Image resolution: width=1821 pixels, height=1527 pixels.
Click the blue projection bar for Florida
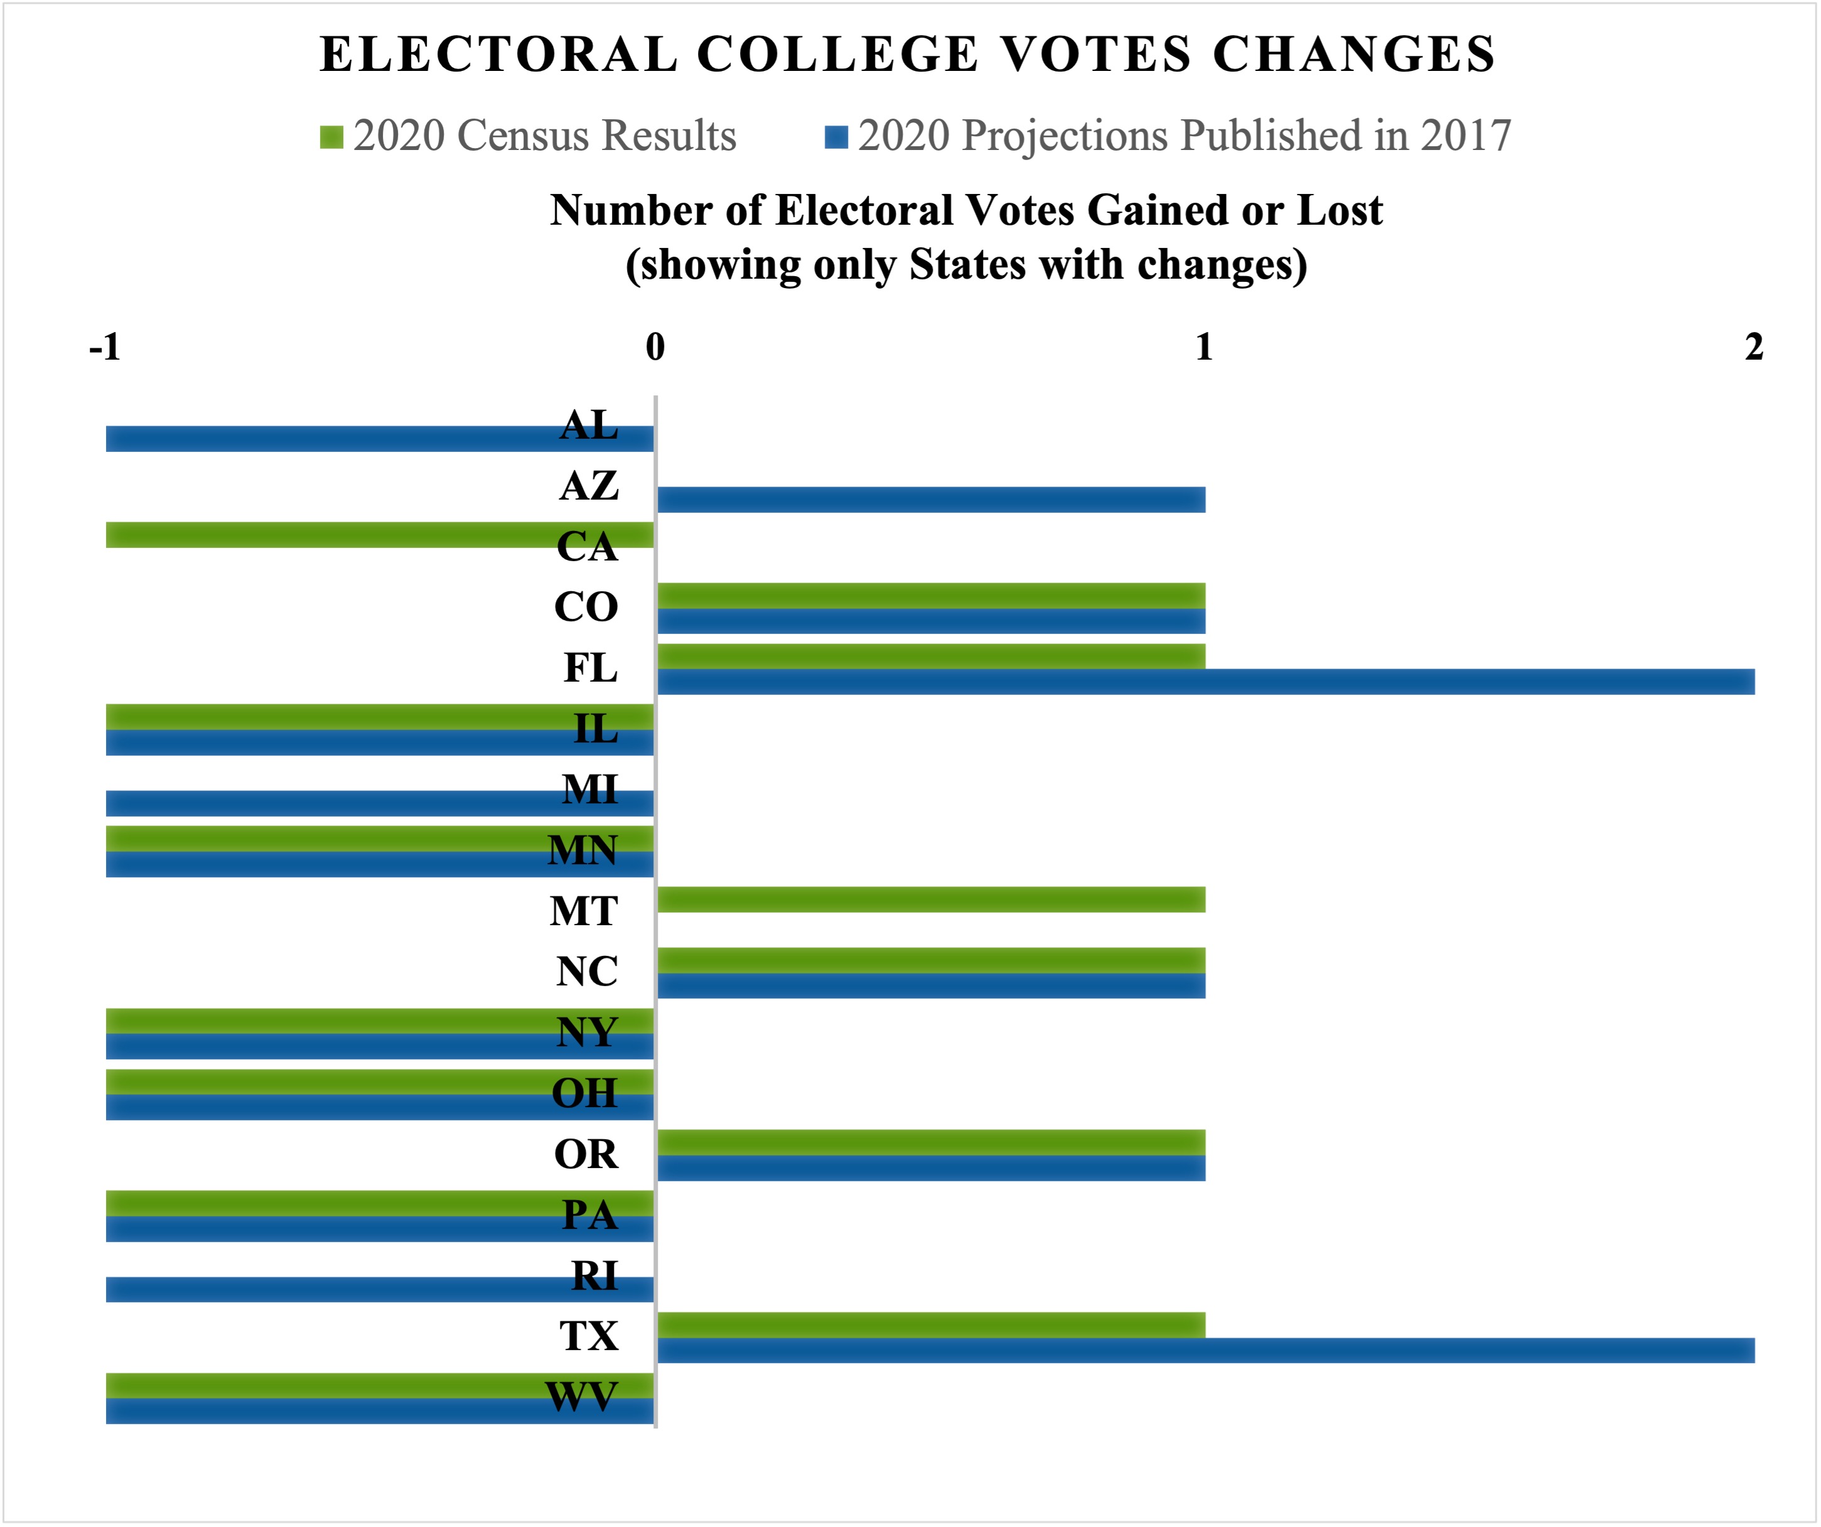tap(1205, 682)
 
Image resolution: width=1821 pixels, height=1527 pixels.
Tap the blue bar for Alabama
tap(347, 439)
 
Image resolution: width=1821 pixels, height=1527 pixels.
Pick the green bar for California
tap(347, 535)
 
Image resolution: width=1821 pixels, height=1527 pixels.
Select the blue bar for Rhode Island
tap(347, 1289)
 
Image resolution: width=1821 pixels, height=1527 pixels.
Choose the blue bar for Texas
tap(1205, 1350)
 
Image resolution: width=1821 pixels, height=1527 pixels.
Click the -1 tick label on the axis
tap(105, 347)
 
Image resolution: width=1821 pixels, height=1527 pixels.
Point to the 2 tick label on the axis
tap(1753, 347)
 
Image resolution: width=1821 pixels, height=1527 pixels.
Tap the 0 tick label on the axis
tap(655, 347)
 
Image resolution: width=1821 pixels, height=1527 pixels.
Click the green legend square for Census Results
tap(331, 137)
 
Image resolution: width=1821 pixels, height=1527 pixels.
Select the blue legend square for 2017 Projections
tap(836, 137)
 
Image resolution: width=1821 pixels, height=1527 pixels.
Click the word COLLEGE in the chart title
tap(837, 54)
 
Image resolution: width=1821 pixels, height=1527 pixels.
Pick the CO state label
tap(586, 607)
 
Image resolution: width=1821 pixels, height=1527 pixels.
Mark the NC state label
tap(587, 971)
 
